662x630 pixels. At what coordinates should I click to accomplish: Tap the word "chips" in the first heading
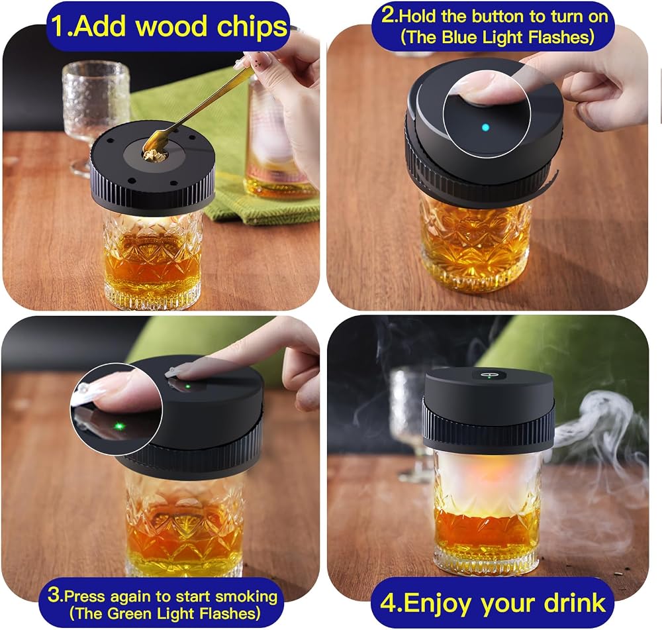pyautogui.click(x=252, y=27)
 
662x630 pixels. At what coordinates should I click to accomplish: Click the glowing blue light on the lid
pyautogui.click(x=485, y=127)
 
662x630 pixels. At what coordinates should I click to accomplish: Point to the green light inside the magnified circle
pyautogui.click(x=119, y=426)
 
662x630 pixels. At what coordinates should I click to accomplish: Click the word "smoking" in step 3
pyautogui.click(x=246, y=597)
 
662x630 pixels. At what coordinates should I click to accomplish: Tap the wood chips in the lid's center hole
pyautogui.click(x=154, y=154)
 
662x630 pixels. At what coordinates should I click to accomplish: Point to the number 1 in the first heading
pyautogui.click(x=58, y=26)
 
